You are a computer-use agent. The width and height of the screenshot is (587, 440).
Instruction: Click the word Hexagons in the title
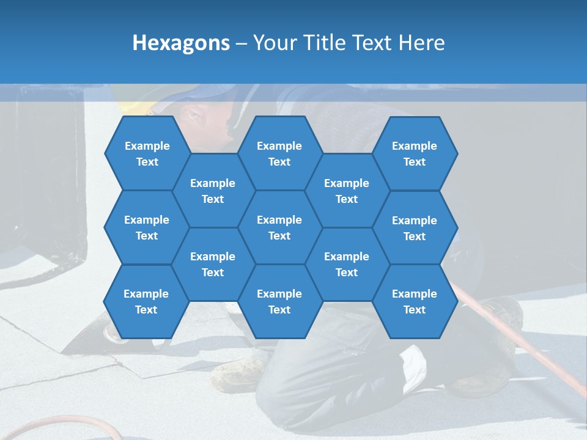click(x=181, y=43)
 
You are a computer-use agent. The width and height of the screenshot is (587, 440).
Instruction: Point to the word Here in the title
click(x=422, y=43)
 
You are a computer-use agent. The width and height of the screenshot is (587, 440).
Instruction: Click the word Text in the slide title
click(x=373, y=43)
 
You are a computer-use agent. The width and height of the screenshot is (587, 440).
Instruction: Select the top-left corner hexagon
click(x=147, y=153)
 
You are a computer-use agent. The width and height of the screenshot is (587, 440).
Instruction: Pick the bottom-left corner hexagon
click(x=146, y=301)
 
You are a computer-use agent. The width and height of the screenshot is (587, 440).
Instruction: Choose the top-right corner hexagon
click(x=415, y=153)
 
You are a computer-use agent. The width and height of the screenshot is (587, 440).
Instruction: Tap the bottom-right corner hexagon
click(x=415, y=301)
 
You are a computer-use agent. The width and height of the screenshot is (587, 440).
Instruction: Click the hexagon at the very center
click(x=279, y=227)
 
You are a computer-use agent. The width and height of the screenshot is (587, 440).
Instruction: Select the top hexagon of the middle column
click(x=279, y=153)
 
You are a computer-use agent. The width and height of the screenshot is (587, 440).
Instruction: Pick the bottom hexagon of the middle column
click(x=279, y=301)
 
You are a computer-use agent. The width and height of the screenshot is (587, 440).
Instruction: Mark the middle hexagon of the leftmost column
click(x=147, y=227)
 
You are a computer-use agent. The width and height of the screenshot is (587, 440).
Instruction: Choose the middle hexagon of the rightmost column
click(x=415, y=228)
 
